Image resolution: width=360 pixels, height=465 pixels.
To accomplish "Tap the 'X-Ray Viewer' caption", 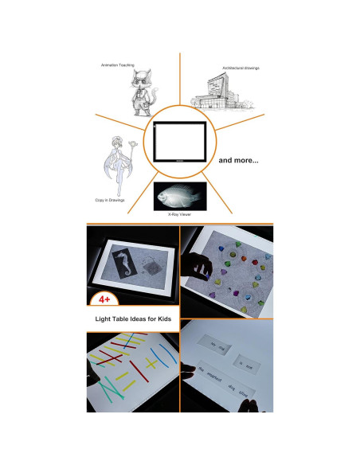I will point(179,215).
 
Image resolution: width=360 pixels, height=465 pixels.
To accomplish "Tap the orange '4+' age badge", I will point(105,299).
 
